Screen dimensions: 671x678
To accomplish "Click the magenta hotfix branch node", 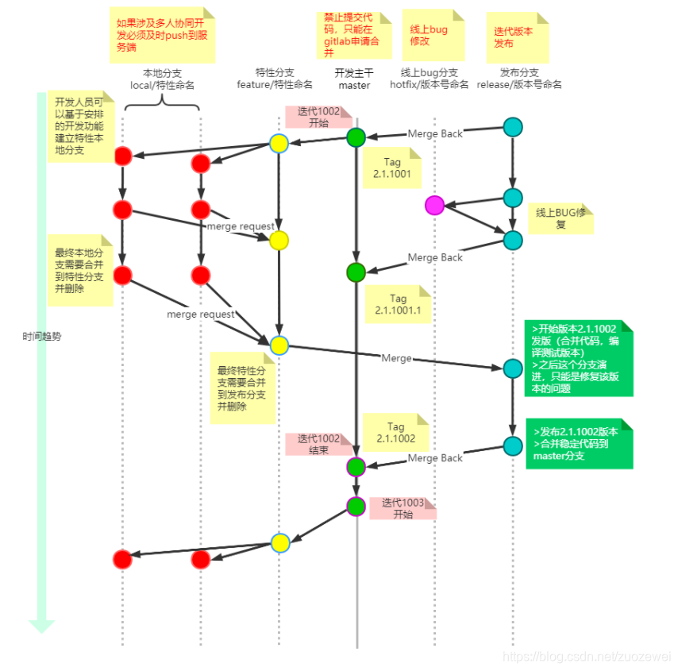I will pos(434,205).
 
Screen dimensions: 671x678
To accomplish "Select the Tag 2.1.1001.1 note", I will pos(397,304).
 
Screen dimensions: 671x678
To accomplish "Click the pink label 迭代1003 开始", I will pos(403,507).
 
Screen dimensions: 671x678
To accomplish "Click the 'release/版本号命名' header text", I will pos(519,84).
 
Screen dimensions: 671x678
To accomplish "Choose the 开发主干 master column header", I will pos(354,79).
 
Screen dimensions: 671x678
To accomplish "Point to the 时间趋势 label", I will pos(42,336).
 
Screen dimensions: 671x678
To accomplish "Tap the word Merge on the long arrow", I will pos(396,358).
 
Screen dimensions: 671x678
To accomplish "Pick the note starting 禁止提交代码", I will pos(354,34).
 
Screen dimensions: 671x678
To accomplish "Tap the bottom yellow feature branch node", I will pos(279,542).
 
